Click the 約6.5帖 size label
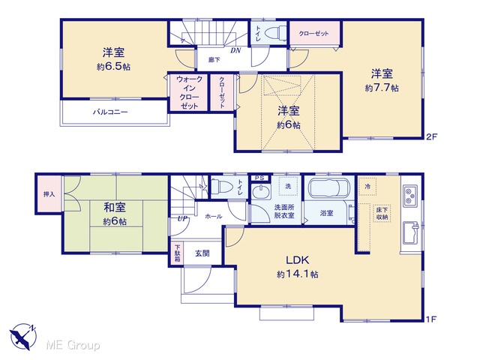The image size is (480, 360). click(113, 67)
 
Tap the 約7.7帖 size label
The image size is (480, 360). click(382, 88)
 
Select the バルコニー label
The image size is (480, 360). click(110, 112)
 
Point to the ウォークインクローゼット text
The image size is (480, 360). click(189, 93)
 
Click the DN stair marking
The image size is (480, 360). click(235, 50)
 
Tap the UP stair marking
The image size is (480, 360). click(182, 219)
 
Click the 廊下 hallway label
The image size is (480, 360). click(214, 60)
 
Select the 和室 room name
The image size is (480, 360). click(115, 207)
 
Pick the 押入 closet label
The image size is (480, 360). click(49, 194)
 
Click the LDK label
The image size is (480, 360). click(297, 260)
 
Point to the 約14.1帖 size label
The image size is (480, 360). click(297, 274)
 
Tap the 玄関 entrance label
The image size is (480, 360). click(202, 253)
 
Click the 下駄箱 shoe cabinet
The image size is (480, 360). click(178, 253)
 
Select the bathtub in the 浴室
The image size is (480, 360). click(329, 188)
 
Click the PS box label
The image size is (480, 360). click(259, 178)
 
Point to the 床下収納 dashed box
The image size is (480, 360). click(382, 213)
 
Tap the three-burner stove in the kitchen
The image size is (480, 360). click(409, 196)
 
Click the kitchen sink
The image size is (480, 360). click(410, 233)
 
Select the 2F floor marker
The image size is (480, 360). click(431, 136)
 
